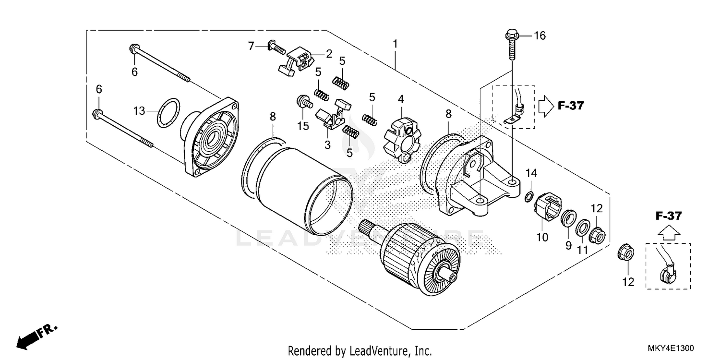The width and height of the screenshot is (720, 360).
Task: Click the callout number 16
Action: pyautogui.click(x=540, y=36)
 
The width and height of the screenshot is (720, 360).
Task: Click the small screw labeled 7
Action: pyautogui.click(x=276, y=47)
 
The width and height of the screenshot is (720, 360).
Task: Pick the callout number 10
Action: pyautogui.click(x=542, y=237)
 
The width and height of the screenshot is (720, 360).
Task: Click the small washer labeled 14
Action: pyautogui.click(x=528, y=196)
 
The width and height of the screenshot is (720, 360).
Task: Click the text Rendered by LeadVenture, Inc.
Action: pyautogui.click(x=360, y=351)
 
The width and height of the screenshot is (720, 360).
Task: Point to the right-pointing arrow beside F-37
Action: pyautogui.click(x=546, y=105)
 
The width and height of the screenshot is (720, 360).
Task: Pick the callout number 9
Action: pyautogui.click(x=568, y=245)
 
